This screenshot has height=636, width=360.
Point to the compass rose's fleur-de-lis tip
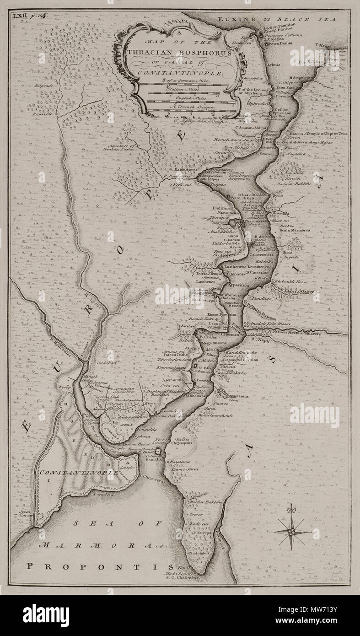(x=290, y=507)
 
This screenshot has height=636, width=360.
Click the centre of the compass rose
(x=290, y=532)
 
